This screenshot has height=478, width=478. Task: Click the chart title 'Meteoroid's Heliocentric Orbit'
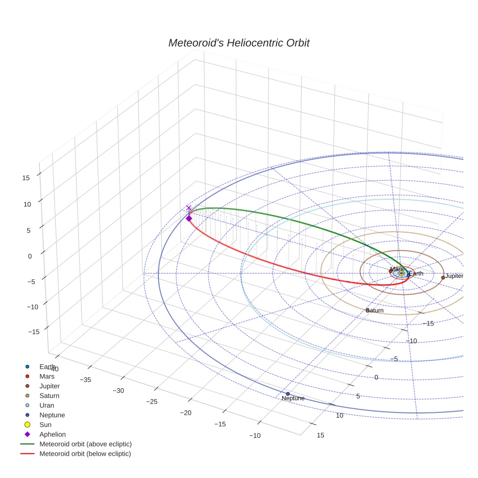tap(239, 43)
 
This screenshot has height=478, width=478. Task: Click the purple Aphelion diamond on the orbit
tap(189, 219)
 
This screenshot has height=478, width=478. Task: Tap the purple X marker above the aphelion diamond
tap(189, 208)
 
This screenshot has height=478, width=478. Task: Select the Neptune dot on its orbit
tap(288, 393)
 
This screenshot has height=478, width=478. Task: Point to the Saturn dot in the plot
tap(367, 310)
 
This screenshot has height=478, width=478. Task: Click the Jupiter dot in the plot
tap(443, 277)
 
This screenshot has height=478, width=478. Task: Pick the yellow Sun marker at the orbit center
tap(401, 273)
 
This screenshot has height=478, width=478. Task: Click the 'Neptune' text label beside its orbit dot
tap(293, 399)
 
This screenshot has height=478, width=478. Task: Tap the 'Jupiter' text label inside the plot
tap(455, 276)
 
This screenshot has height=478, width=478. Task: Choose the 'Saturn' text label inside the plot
tap(376, 310)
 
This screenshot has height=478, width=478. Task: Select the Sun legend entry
tap(45, 425)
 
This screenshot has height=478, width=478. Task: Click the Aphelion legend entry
tap(52, 434)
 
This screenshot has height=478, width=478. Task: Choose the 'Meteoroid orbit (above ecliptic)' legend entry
tap(85, 444)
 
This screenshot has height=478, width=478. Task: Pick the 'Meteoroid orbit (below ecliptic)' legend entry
tap(85, 454)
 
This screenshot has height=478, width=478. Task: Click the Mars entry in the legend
tap(47, 376)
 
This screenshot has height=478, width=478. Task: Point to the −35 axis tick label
tap(85, 380)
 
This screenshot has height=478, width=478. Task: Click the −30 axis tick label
tap(119, 391)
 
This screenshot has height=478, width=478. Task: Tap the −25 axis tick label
tap(153, 401)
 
